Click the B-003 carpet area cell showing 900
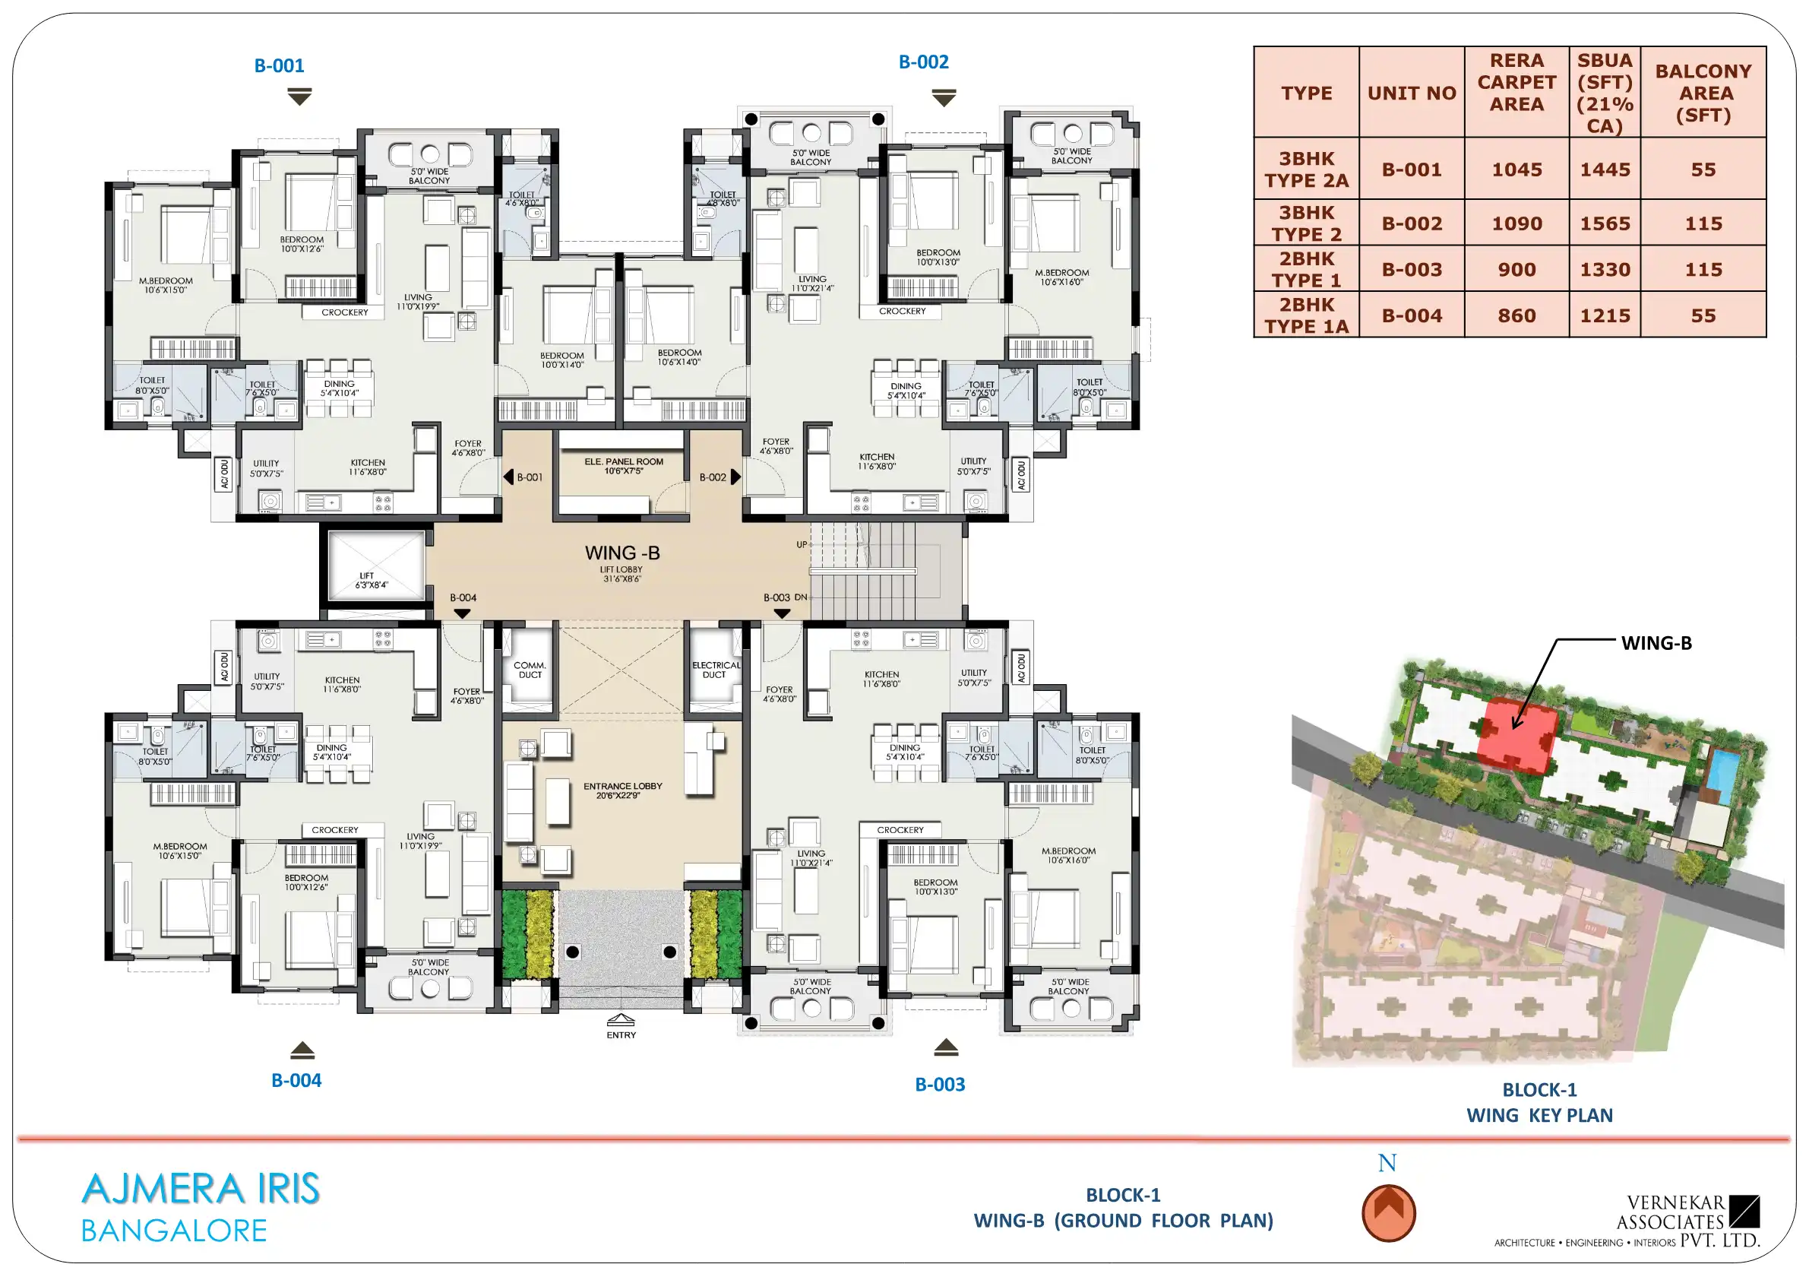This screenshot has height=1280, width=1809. [x=1516, y=270]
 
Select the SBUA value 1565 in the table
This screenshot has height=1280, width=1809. [x=1605, y=223]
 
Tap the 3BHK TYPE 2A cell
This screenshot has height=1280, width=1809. [x=1306, y=170]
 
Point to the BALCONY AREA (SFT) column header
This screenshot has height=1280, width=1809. [x=1703, y=93]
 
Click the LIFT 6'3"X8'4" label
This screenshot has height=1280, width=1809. [x=371, y=581]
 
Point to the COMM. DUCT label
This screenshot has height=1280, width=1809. [x=530, y=670]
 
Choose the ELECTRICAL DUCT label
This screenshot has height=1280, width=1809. [x=716, y=670]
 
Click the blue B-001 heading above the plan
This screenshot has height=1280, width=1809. [x=279, y=65]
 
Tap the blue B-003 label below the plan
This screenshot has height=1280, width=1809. [x=940, y=1085]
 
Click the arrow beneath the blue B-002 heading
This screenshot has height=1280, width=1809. [x=944, y=98]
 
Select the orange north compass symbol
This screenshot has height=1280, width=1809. [x=1388, y=1213]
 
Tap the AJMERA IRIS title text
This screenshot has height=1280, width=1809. [x=201, y=1190]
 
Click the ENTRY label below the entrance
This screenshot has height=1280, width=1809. [x=621, y=1035]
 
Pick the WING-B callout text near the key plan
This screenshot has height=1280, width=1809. [x=1656, y=643]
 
